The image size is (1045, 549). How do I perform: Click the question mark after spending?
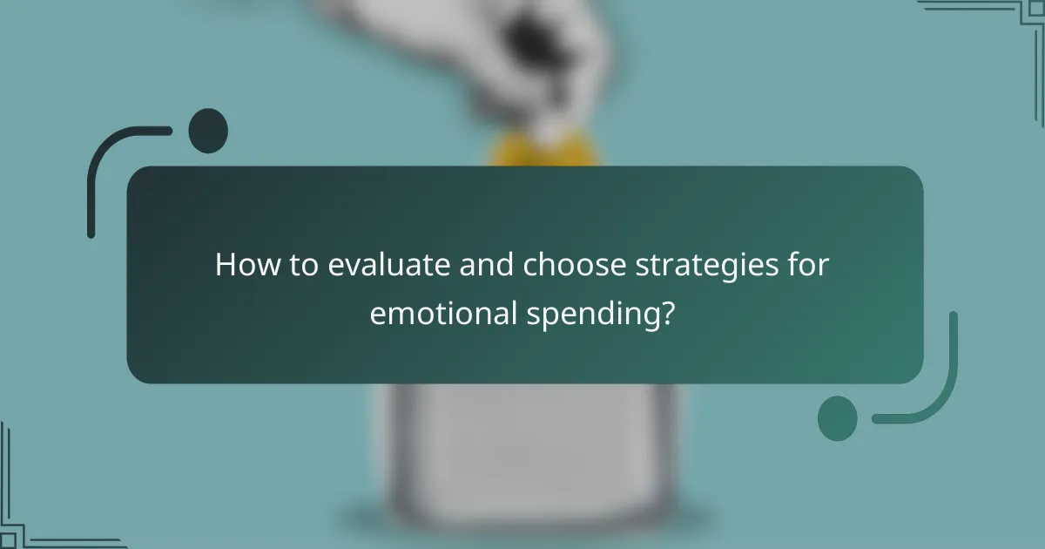666,312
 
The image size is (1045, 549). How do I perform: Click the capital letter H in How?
226,265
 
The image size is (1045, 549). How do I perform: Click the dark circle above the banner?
208,131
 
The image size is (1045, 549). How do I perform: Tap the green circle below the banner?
837,418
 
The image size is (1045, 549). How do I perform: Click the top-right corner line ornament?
1001,12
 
